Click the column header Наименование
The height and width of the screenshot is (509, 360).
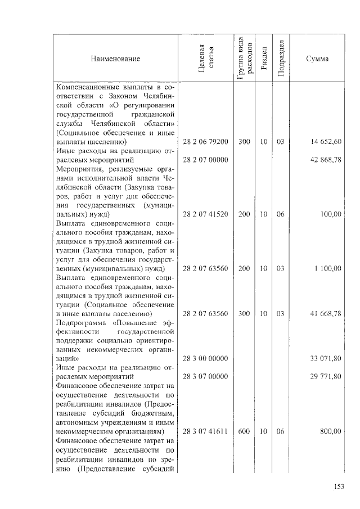(x=114, y=58)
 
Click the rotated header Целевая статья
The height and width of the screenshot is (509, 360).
(x=206, y=58)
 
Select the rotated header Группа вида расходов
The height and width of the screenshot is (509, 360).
(x=244, y=58)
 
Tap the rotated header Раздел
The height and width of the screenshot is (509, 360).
(x=263, y=58)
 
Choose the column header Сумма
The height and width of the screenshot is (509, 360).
(x=317, y=58)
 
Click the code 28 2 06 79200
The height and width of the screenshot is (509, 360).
(x=206, y=142)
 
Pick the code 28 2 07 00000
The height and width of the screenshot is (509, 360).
(x=206, y=160)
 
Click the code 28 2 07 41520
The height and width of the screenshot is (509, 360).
(x=206, y=214)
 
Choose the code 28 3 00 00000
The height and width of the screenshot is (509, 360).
(x=206, y=358)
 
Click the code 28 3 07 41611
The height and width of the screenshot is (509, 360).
(x=206, y=431)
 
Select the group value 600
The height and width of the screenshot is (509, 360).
(x=244, y=431)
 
